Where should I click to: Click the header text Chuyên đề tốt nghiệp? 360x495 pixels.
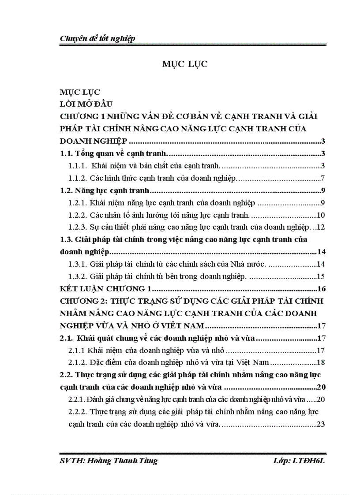tap(97, 38)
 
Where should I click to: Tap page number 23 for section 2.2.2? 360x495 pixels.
tap(321, 425)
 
